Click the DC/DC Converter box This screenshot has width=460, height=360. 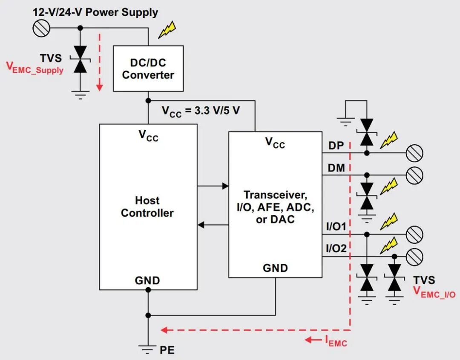click(148, 69)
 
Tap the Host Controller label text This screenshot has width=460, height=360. click(147, 207)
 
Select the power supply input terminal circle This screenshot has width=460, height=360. click(41, 28)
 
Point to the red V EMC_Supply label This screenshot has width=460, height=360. click(34, 68)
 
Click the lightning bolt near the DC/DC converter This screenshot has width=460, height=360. click(167, 30)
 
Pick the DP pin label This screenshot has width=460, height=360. click(336, 146)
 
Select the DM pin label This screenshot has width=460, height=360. click(336, 168)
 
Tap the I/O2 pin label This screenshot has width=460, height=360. click(336, 249)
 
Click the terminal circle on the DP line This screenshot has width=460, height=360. click(414, 153)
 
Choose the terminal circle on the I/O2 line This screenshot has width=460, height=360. click(414, 257)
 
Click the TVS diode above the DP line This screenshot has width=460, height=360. click(367, 132)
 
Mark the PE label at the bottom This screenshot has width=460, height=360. click(167, 351)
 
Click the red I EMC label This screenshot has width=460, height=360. click(336, 340)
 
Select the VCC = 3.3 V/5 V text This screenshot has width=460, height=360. click(201, 111)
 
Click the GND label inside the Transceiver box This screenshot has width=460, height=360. click(275, 268)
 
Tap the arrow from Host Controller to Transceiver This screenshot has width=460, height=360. click(213, 186)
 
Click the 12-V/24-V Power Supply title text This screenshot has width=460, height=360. click(95, 12)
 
